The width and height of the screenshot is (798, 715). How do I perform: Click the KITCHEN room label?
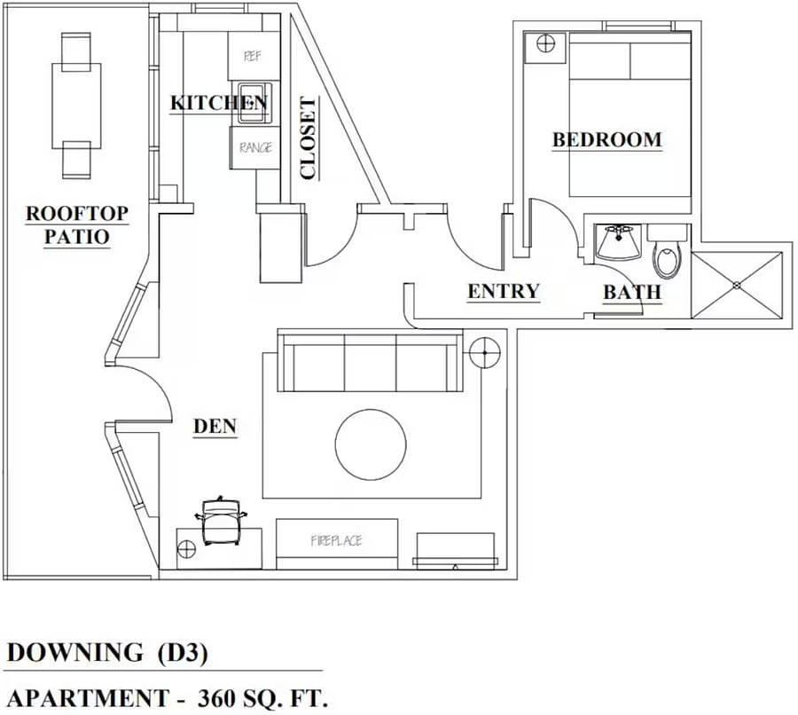click(219, 103)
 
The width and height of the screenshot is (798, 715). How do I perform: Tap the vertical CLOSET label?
click(309, 138)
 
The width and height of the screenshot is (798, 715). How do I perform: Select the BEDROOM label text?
click(607, 139)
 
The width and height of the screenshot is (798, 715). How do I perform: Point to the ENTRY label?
click(504, 291)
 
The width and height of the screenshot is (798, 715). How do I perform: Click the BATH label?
click(632, 293)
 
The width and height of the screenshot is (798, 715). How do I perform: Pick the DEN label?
click(215, 426)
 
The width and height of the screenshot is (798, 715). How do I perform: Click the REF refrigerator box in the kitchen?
click(253, 56)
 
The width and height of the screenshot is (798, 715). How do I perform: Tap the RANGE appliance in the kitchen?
click(255, 147)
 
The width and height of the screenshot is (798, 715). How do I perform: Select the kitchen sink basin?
click(252, 103)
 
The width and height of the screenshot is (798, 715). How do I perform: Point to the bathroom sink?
click(617, 243)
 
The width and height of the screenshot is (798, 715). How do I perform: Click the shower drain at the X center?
click(737, 286)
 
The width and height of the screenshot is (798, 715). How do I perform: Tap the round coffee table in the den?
click(371, 444)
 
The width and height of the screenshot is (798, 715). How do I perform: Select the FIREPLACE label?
click(336, 540)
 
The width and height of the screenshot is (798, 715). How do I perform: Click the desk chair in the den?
click(221, 521)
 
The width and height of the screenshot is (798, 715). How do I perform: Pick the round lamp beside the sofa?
click(485, 352)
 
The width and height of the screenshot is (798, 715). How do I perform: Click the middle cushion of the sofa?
click(370, 362)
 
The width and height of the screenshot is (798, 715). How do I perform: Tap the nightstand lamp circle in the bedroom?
click(545, 43)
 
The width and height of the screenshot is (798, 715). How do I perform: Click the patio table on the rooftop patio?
click(76, 106)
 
